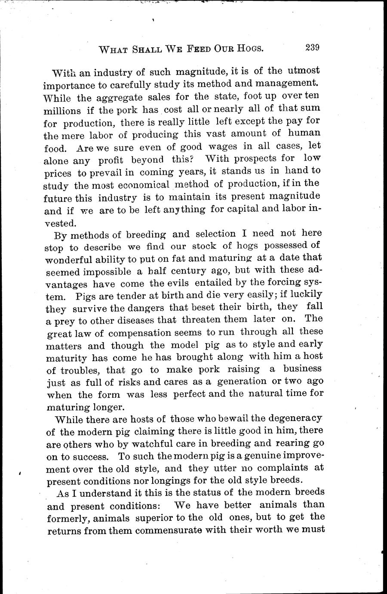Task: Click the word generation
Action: click(242, 381)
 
